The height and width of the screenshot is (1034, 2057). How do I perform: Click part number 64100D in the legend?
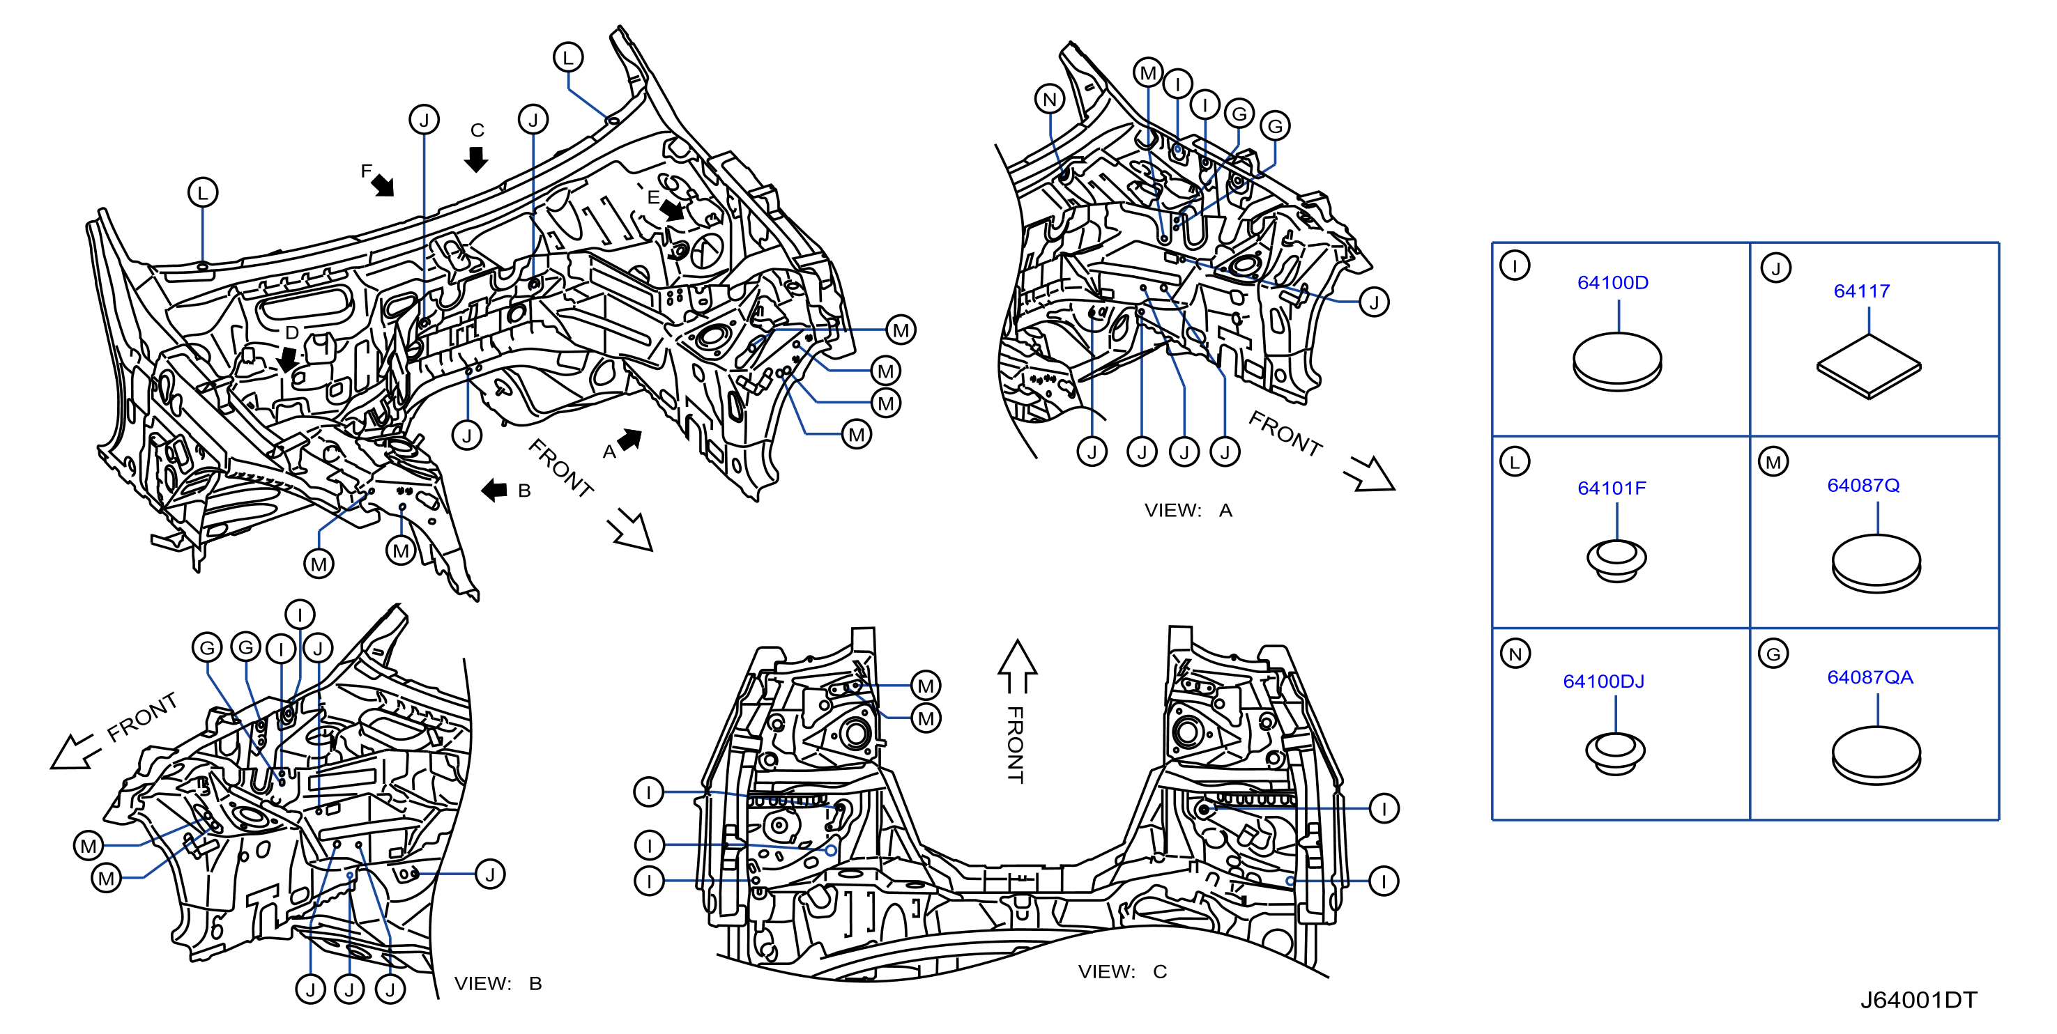coord(1612,283)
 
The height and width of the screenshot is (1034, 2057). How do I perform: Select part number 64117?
coord(1861,291)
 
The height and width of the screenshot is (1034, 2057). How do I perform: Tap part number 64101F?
coord(1612,488)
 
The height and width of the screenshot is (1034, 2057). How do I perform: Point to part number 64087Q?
coord(1863,486)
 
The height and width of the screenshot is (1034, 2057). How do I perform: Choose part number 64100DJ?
coord(1603,681)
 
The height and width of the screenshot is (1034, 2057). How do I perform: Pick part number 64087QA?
coord(1870,677)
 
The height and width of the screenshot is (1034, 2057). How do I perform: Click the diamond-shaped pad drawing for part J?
coord(1869,366)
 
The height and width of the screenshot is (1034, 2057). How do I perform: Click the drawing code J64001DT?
coord(1918,1000)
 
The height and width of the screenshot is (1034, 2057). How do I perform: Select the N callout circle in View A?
coord(1050,100)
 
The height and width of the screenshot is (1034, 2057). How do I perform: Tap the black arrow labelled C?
coord(476,159)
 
